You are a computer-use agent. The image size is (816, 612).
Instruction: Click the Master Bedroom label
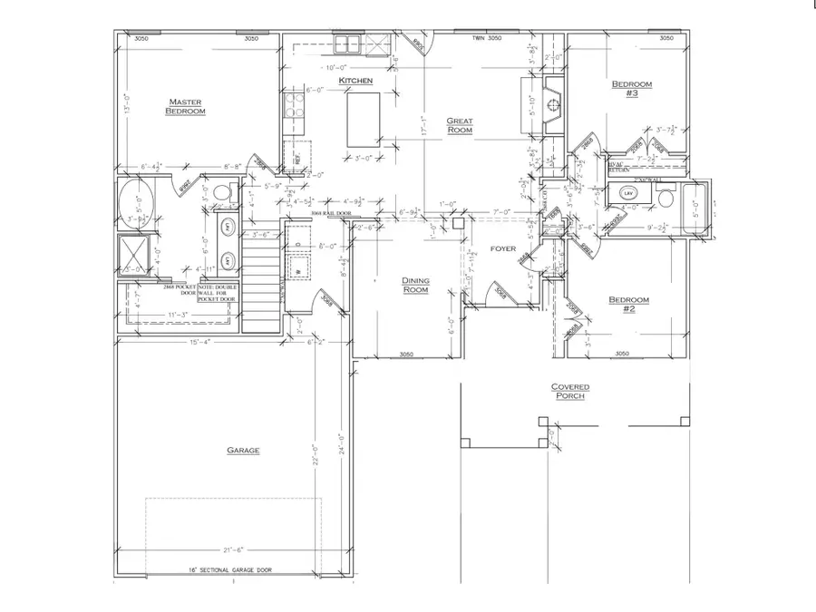pyautogui.click(x=185, y=106)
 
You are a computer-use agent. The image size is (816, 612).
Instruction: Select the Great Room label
pyautogui.click(x=460, y=125)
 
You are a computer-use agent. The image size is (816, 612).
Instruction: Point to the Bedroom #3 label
pyautogui.click(x=631, y=89)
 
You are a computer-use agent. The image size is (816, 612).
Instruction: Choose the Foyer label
pyautogui.click(x=503, y=248)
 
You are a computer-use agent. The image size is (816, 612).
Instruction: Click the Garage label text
pyautogui.click(x=243, y=451)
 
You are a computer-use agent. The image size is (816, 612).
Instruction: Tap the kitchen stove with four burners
pyautogui.click(x=294, y=106)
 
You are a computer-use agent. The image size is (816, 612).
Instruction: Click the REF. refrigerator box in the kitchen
pyautogui.click(x=296, y=156)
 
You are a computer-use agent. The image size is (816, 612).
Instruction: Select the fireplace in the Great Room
pyautogui.click(x=550, y=105)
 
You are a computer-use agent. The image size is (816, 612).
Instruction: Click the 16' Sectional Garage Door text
pyautogui.click(x=231, y=571)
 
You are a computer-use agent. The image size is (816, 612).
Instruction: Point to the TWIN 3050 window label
pyautogui.click(x=487, y=39)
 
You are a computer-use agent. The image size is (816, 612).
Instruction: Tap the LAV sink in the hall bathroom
pyautogui.click(x=627, y=193)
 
